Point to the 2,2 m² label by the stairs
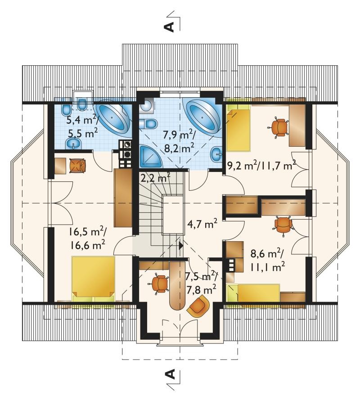[155, 177]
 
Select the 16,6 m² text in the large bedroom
[87, 245]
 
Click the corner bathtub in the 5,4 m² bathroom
[114, 118]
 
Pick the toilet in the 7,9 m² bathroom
[148, 124]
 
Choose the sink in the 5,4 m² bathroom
[74, 144]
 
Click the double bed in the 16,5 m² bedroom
[93, 279]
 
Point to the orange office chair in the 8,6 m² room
[283, 226]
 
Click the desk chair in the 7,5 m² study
[159, 284]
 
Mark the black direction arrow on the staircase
[181, 246]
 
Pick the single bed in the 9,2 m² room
[238, 130]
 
